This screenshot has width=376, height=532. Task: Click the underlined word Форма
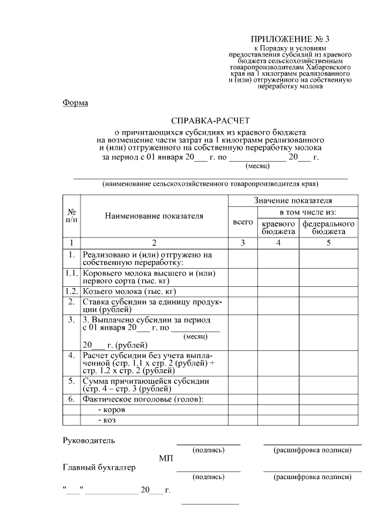point(75,103)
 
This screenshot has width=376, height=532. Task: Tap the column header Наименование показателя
point(155,216)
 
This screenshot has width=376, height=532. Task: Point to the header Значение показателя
point(293,201)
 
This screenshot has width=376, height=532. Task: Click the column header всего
point(243,222)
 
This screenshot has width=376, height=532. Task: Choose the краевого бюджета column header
point(278,228)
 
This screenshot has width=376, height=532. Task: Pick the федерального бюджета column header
point(328,228)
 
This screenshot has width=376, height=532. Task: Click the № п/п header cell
point(72,216)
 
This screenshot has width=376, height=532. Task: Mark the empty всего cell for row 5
point(243,384)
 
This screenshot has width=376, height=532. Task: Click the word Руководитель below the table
point(89,440)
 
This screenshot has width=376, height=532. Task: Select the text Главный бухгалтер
point(99,468)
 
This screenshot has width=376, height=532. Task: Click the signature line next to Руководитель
point(209,444)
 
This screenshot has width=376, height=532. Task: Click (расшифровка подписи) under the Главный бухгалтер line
point(313,477)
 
